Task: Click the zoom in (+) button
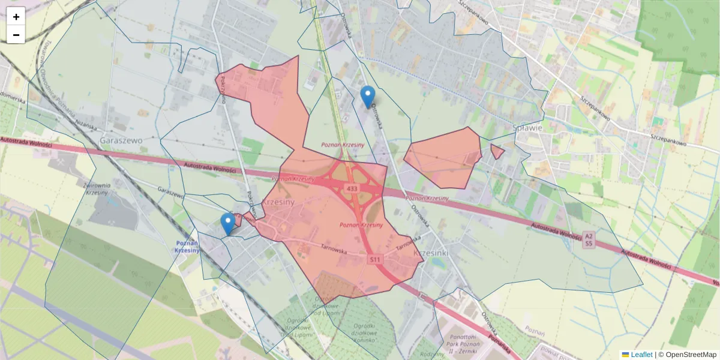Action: (x=16, y=16)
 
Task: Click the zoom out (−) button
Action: (x=16, y=35)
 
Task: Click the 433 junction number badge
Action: (x=352, y=189)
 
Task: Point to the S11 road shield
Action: (x=375, y=259)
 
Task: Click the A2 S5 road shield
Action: (x=589, y=241)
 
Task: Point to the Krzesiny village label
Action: (x=277, y=202)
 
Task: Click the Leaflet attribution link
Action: (x=641, y=355)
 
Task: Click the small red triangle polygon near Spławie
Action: (x=497, y=151)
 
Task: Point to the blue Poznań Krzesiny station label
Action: (x=187, y=247)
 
